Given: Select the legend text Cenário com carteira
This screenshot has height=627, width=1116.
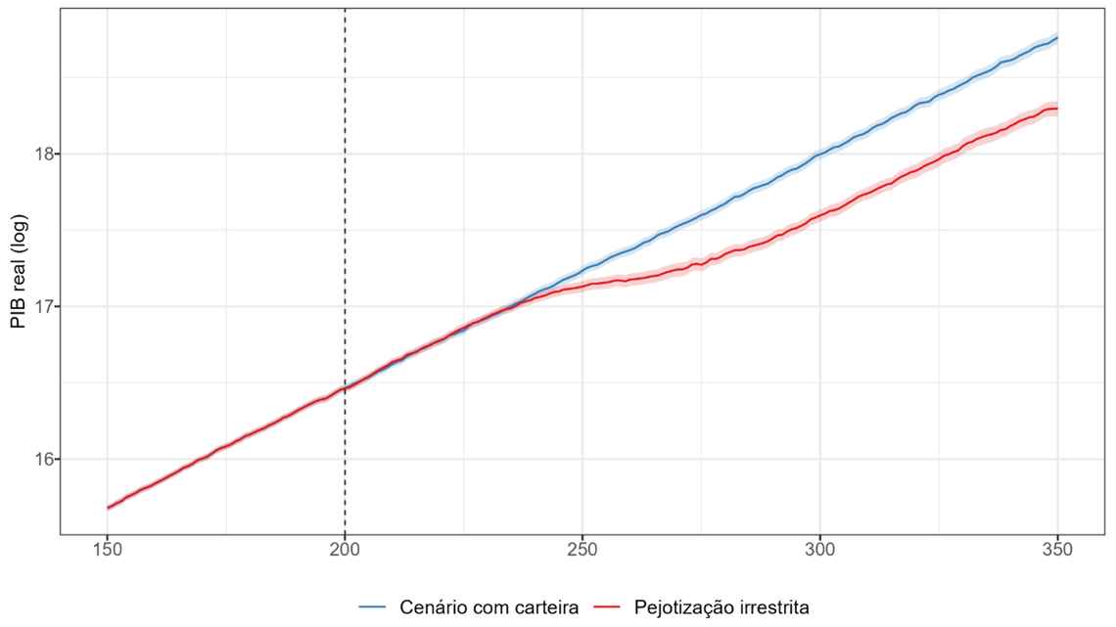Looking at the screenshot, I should coord(489,607).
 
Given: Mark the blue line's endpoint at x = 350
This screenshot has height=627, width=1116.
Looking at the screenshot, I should coord(1057,38).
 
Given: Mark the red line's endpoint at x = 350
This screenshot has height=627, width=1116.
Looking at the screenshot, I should coord(1057,109).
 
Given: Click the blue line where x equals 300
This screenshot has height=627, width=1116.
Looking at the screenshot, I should coord(819,154).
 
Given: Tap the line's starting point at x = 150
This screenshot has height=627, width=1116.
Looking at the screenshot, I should coord(108,508).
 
